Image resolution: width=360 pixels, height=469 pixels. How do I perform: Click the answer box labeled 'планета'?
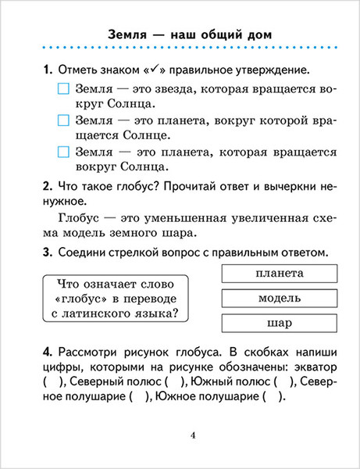[279, 273]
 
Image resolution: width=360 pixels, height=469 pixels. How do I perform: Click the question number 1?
[47, 70]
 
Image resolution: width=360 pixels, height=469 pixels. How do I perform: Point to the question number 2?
[47, 187]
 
